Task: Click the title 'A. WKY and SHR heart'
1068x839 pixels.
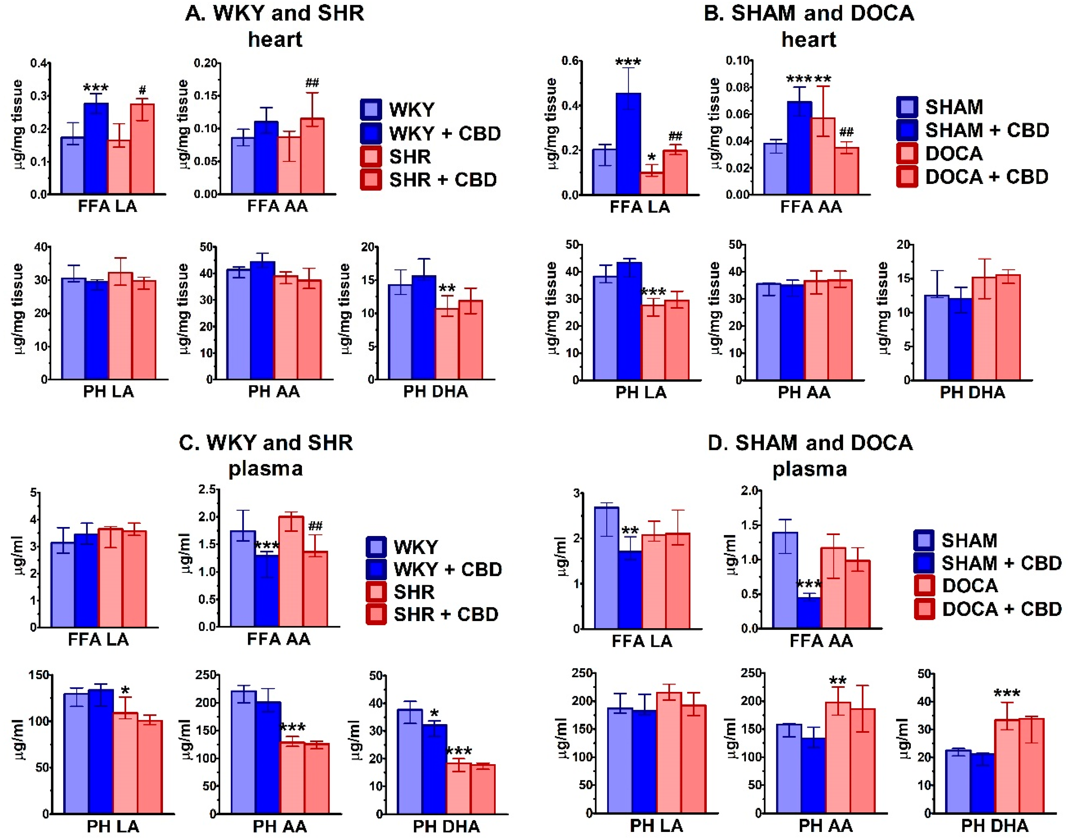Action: pyautogui.click(x=275, y=26)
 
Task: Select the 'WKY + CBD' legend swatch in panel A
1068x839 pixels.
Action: pyautogui.click(x=371, y=133)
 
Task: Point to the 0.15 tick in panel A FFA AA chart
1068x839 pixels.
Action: pyautogui.click(x=207, y=96)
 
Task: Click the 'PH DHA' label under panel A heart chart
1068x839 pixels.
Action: pyautogui.click(x=436, y=392)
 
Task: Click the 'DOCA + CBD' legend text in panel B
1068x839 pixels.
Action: pyautogui.click(x=987, y=177)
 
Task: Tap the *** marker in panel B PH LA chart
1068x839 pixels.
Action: pyautogui.click(x=653, y=293)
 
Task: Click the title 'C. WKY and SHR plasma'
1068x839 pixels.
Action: pyautogui.click(x=266, y=455)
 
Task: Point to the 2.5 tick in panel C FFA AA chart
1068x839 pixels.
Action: pyautogui.click(x=207, y=489)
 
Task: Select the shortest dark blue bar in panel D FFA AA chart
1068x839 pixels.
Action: pyautogui.click(x=808, y=612)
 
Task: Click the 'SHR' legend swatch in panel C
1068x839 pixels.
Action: pyautogui.click(x=377, y=592)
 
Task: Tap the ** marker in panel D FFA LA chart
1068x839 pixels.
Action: pyautogui.click(x=630, y=531)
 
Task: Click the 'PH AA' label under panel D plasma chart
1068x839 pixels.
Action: pyautogui.click(x=825, y=826)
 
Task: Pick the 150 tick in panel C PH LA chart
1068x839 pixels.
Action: pyautogui.click(x=39, y=675)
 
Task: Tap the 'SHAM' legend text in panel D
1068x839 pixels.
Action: pyautogui.click(x=969, y=540)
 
